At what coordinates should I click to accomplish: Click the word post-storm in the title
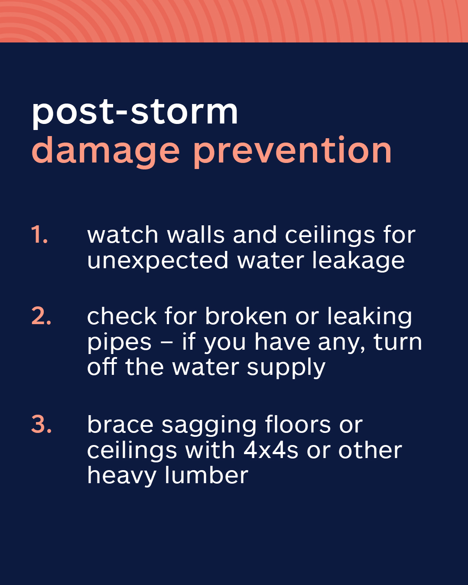(x=135, y=112)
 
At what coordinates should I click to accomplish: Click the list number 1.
(x=39, y=234)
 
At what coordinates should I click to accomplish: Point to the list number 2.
(x=41, y=316)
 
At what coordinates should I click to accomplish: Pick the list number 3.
(x=41, y=424)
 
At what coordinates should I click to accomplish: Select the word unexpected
(x=158, y=261)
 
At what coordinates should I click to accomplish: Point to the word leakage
(x=358, y=261)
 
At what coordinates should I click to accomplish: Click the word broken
(x=246, y=316)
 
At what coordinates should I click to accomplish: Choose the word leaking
(x=370, y=317)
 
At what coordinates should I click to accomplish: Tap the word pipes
(x=119, y=343)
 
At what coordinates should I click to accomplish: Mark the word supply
(x=286, y=368)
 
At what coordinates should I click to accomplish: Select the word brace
(x=120, y=424)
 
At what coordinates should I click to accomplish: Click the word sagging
(x=209, y=426)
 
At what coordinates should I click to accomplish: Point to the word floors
(x=298, y=424)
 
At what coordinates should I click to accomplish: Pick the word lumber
(x=207, y=476)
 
